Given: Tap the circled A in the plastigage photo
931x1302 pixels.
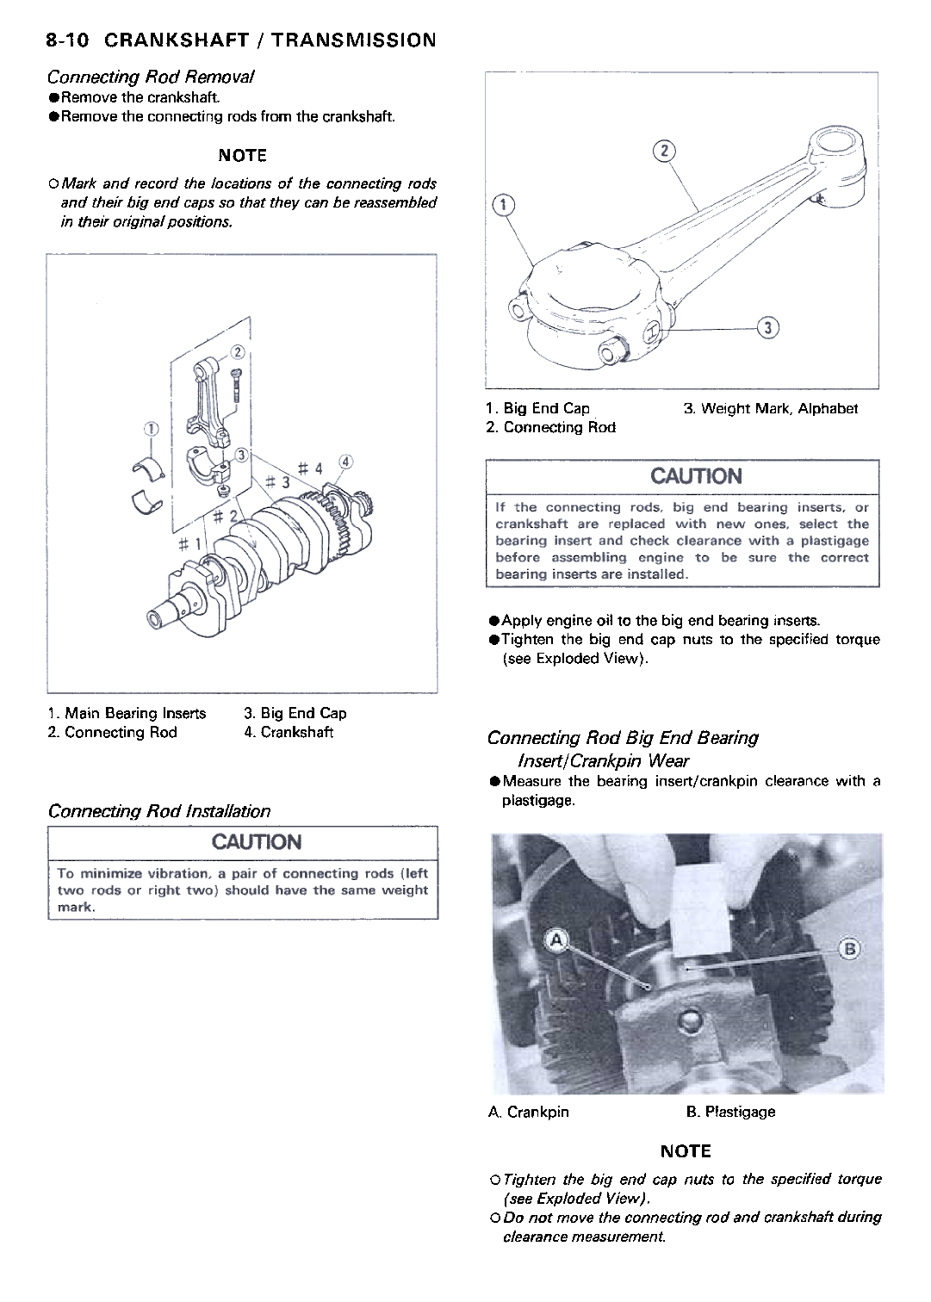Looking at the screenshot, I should click(556, 941).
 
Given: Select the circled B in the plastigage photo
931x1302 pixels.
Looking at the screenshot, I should click(848, 949).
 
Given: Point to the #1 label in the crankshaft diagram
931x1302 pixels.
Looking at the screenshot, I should click(189, 545).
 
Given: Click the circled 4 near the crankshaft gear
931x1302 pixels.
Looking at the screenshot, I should click(345, 460).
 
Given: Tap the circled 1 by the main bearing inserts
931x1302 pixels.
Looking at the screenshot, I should click(151, 429).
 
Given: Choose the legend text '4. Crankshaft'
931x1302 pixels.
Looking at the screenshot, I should click(289, 733).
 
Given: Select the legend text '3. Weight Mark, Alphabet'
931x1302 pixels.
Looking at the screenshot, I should click(771, 408).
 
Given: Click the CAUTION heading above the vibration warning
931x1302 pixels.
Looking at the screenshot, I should click(244, 841).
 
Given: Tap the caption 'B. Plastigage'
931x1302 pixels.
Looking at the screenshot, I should click(730, 1112).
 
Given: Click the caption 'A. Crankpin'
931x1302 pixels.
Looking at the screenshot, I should click(529, 1112).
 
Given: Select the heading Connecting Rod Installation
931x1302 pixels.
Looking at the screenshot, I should click(159, 811).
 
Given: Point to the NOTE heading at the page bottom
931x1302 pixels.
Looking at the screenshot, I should click(686, 1151).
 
